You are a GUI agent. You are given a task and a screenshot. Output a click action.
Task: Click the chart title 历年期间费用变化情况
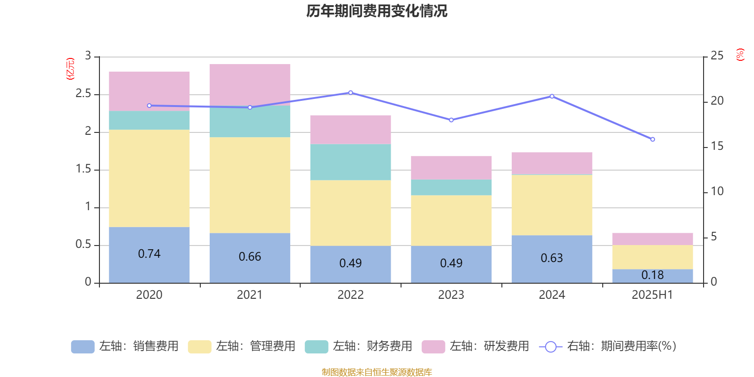[377, 11]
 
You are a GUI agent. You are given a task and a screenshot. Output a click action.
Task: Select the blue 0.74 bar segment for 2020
[149, 255]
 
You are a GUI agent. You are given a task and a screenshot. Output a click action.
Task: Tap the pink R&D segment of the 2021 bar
[250, 85]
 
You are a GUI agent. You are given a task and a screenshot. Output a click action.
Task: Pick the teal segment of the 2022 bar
[351, 162]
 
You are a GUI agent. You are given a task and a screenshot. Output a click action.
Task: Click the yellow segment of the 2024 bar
[552, 205]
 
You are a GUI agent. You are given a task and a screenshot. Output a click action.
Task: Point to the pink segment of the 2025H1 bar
[652, 239]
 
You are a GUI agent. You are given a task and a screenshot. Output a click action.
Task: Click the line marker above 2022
[351, 92]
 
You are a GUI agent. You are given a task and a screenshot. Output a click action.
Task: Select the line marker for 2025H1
[652, 139]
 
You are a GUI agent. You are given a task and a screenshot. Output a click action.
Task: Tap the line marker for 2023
[451, 120]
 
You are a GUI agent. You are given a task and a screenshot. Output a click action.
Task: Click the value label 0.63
[552, 258]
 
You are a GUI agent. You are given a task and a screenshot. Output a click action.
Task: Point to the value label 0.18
[652, 275]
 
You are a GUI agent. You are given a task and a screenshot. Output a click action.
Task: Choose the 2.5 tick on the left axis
[83, 93]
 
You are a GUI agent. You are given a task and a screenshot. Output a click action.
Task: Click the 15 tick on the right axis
[717, 146]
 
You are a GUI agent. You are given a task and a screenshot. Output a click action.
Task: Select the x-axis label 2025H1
[652, 295]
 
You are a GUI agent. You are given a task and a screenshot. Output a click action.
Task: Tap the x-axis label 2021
[249, 295]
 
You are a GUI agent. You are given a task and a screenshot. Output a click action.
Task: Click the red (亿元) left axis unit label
[70, 69]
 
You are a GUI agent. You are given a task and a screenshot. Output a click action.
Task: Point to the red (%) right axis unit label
[740, 55]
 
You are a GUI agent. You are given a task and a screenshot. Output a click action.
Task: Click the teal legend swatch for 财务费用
[316, 347]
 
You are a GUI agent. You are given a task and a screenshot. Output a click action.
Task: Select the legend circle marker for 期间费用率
[551, 347]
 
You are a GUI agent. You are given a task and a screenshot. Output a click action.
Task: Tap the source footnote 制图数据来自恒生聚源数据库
[377, 372]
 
